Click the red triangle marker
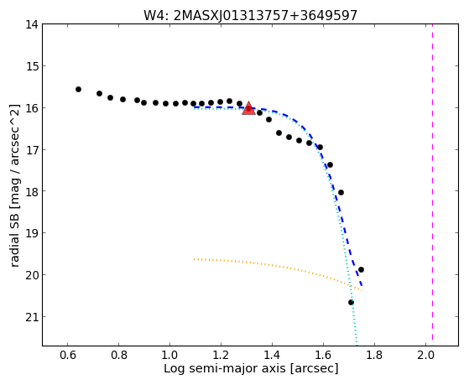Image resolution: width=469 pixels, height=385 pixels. [x=248, y=108]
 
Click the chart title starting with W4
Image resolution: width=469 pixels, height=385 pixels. [x=250, y=15]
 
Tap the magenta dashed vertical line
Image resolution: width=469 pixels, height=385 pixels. [x=433, y=182]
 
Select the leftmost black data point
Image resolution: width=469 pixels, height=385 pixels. [x=78, y=89]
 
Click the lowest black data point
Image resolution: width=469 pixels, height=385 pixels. [x=351, y=303]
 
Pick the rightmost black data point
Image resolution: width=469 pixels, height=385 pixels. [x=361, y=269]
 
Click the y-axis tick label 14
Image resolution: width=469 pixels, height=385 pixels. [x=32, y=24]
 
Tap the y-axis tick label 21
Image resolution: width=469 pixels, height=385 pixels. [x=32, y=316]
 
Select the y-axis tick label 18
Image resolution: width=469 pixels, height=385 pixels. [x=32, y=191]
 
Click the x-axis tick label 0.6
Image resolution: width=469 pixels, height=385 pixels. [x=68, y=355]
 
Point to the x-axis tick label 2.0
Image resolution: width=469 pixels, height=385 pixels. [x=426, y=355]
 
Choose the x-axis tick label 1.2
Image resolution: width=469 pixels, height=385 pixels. [x=221, y=355]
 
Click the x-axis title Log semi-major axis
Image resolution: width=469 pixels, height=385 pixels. [x=225, y=368]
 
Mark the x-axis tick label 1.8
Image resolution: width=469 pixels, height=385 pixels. [x=374, y=355]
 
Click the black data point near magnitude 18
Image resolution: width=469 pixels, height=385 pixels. [x=341, y=192]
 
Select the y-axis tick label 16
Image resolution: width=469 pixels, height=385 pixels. [x=32, y=107]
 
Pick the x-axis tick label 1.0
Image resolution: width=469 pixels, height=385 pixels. [x=169, y=355]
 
